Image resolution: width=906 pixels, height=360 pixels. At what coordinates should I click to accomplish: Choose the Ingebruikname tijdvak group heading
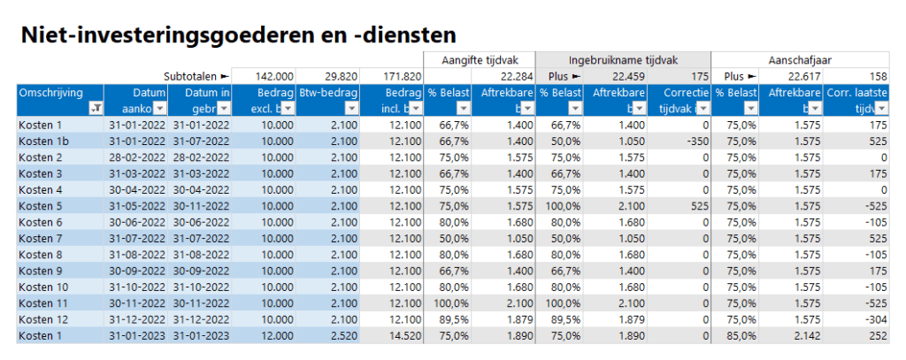coord(622,59)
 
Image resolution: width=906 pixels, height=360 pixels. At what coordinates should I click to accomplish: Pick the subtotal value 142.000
coord(274,76)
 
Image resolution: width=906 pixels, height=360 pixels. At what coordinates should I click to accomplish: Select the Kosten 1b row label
coord(43,141)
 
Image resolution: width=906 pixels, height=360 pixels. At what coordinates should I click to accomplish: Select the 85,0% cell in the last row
coord(734,335)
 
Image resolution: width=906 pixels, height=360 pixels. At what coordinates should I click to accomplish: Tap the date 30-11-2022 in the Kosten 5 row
coord(202,205)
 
